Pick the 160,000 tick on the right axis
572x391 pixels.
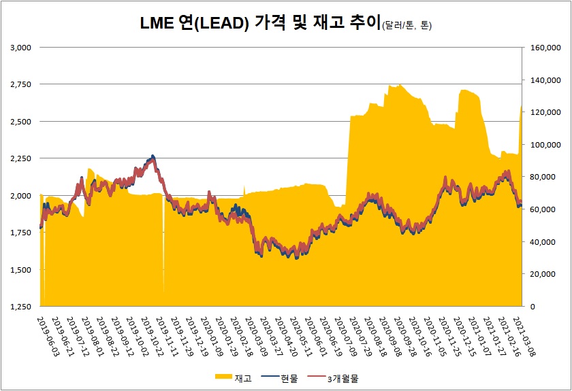tap(543, 48)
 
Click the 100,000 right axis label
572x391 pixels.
tap(543, 145)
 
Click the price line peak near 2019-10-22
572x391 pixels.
tap(153, 156)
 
